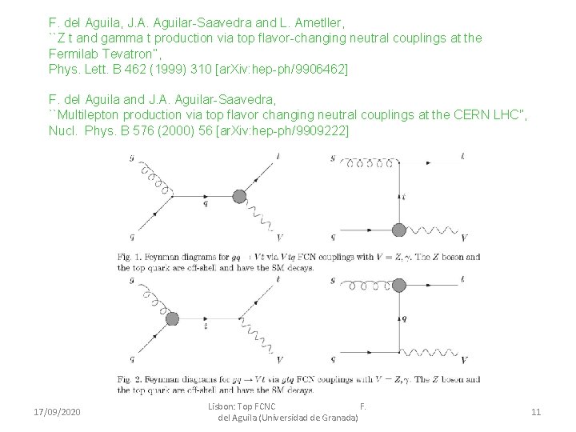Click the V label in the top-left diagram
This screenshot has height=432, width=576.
pos(278,238)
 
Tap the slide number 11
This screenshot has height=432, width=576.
pos(536,412)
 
